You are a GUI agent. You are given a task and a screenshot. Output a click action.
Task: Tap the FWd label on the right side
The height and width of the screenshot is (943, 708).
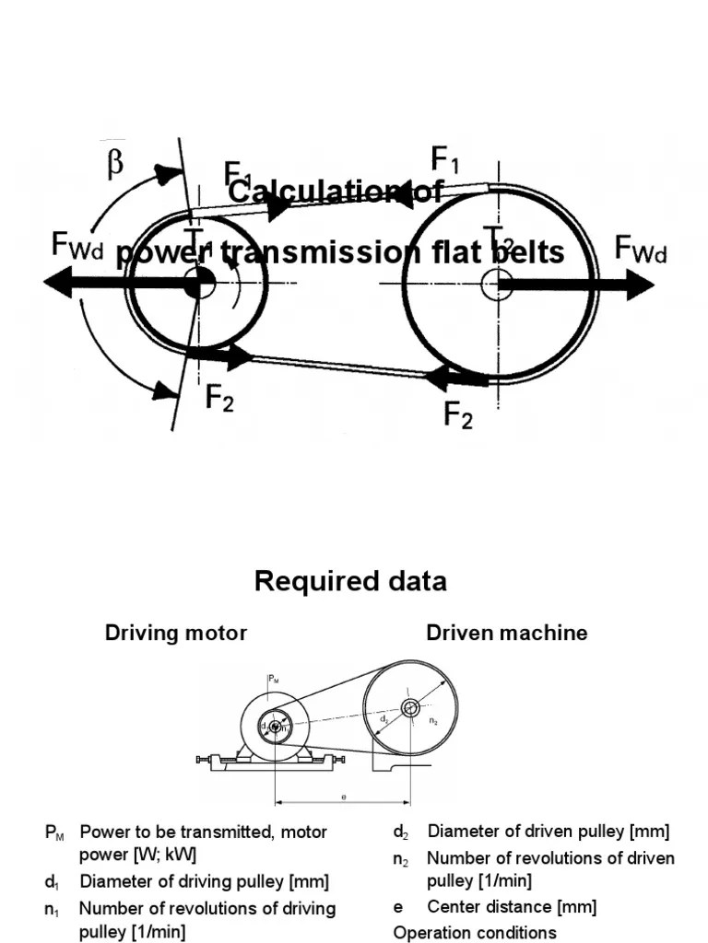tap(641, 249)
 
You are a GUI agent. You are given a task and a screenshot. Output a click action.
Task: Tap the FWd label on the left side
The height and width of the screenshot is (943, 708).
tap(77, 246)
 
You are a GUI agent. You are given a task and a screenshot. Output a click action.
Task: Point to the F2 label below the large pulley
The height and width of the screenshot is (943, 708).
tap(458, 415)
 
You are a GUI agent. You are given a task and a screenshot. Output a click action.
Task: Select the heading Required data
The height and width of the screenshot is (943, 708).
tap(350, 581)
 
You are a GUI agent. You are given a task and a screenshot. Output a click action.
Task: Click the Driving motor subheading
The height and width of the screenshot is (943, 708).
tap(176, 633)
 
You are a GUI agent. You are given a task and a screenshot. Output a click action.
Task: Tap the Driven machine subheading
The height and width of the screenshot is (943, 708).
tap(506, 633)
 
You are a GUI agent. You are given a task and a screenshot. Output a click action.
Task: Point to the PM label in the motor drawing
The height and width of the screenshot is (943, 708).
tap(273, 680)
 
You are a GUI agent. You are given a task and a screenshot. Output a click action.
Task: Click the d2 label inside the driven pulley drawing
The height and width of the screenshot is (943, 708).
tap(383, 715)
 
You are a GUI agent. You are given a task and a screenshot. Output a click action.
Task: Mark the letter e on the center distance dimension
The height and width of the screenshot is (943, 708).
tap(343, 797)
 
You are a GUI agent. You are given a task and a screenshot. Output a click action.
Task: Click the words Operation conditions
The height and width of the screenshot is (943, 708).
tap(475, 932)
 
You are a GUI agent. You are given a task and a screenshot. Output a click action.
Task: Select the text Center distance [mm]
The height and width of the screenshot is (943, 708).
tap(512, 907)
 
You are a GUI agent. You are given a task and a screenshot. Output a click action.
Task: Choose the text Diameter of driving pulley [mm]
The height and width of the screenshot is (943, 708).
tap(204, 881)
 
